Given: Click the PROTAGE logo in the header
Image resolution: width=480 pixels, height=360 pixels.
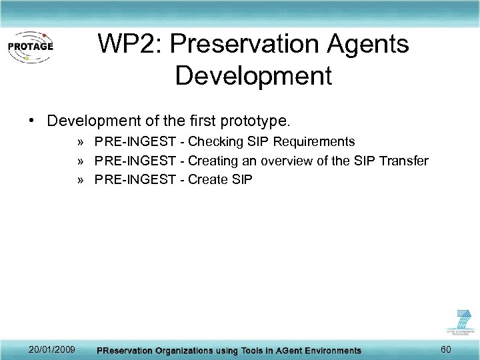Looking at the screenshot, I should tap(30, 47).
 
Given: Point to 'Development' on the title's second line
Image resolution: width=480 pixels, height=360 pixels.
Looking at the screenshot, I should tap(253, 75).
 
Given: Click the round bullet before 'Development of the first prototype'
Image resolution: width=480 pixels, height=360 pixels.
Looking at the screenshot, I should tap(32, 121).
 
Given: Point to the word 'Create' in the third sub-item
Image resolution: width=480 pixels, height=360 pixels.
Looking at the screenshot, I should tap(208, 179).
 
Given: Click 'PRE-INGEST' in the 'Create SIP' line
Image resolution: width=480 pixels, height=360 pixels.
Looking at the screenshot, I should tap(139, 179).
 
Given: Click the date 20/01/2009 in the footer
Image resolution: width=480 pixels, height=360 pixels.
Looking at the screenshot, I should tap(52, 349).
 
